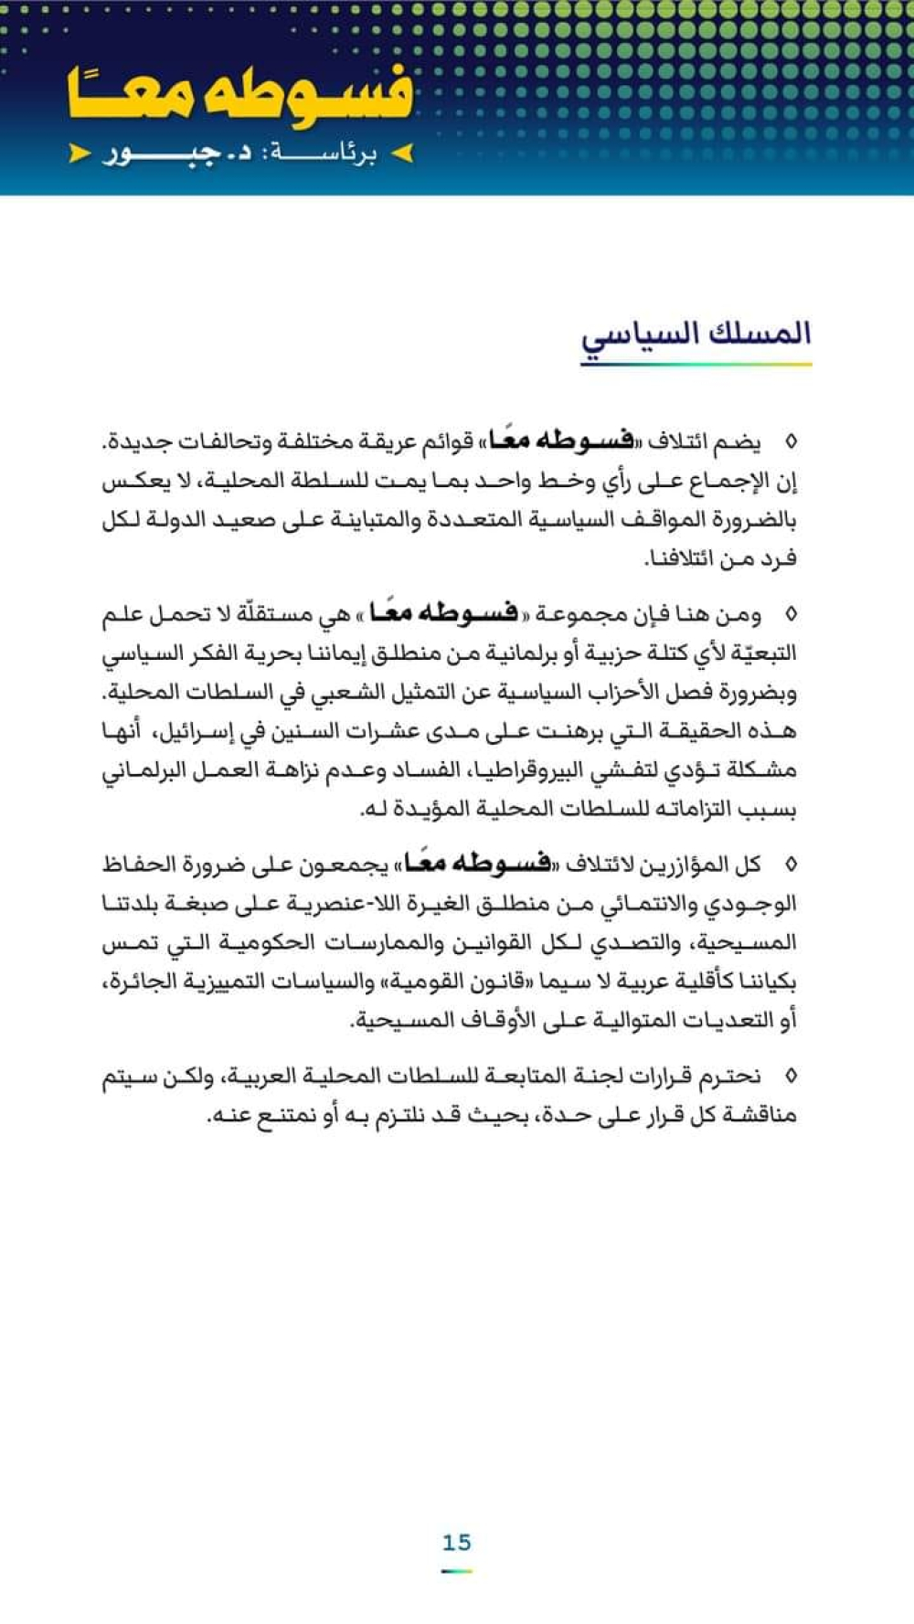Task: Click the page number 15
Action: pos(456,1543)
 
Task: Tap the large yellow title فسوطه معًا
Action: pos(239,96)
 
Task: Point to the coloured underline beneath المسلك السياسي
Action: pos(696,364)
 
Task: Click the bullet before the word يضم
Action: pos(791,442)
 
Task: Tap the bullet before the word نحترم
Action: pos(791,1077)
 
